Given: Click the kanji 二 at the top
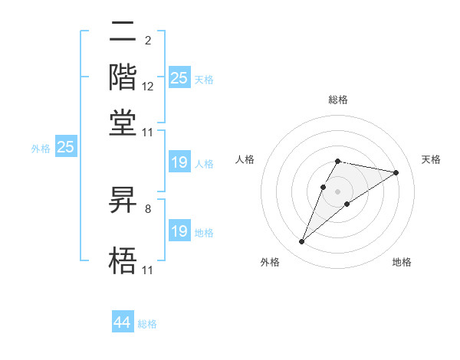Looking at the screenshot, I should [123, 34].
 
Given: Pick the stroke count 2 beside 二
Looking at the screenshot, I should [147, 41].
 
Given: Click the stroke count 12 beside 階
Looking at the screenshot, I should [148, 87].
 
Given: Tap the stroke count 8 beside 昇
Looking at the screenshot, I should [147, 208].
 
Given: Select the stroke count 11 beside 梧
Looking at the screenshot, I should [148, 269].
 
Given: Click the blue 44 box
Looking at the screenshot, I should [123, 323].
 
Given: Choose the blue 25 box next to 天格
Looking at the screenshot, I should [179, 77].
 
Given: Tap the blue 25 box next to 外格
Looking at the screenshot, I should [65, 147].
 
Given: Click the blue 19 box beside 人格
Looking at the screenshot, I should [179, 162].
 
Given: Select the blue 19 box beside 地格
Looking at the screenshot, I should [179, 231].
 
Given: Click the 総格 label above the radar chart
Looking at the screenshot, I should [338, 100].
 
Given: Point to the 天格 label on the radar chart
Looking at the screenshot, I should [431, 159].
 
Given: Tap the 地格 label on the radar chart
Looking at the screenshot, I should [402, 262].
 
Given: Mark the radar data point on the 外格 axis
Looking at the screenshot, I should [302, 242].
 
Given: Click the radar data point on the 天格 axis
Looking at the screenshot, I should [396, 172].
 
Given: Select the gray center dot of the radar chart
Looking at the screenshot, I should [338, 191].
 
